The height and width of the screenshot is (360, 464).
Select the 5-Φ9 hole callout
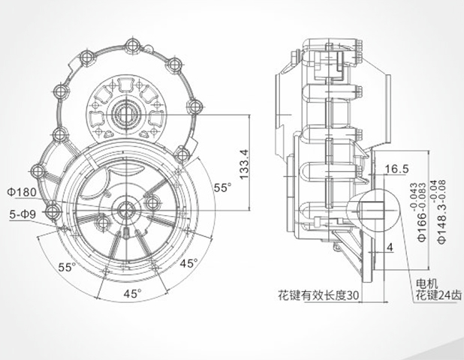point(22,214)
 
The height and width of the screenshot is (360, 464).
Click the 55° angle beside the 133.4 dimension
point(222,188)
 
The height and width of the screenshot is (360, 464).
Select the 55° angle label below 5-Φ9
point(68,268)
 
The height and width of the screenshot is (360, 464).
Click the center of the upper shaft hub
point(125,115)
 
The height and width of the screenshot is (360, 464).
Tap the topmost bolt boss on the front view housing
point(135,43)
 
